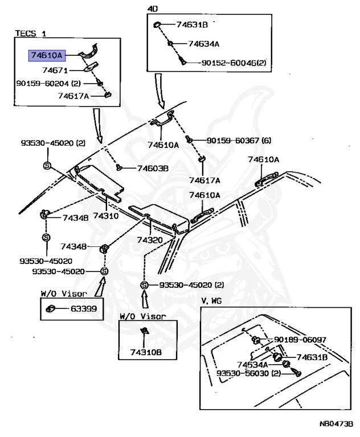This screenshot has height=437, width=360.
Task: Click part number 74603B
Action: pyautogui.click(x=153, y=168)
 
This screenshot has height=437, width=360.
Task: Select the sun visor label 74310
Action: pyautogui.click(x=105, y=216)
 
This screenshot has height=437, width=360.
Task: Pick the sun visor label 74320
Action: pyautogui.click(x=149, y=240)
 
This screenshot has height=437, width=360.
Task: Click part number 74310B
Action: pyautogui.click(x=148, y=353)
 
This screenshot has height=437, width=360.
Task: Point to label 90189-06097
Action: pyautogui.click(x=300, y=340)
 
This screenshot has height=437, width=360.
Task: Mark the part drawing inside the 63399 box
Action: pyautogui.click(x=51, y=309)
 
